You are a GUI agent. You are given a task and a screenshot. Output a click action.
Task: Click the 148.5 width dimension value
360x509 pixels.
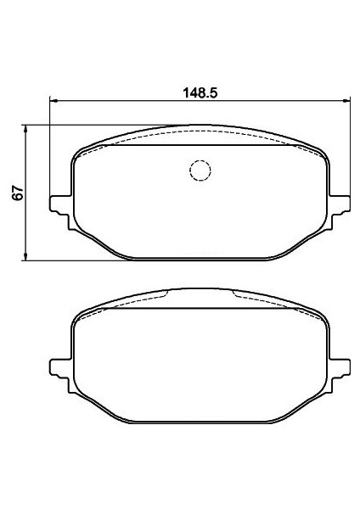(200, 93)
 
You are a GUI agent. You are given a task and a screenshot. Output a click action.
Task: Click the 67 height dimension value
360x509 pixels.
(18, 193)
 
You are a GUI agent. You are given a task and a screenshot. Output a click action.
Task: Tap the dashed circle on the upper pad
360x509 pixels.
(200, 171)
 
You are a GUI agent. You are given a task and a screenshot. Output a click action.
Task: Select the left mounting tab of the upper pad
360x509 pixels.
(60, 211)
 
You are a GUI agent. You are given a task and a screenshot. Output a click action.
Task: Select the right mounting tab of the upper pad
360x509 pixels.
(340, 211)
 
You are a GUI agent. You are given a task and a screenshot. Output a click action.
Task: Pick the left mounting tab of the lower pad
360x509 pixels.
(60, 376)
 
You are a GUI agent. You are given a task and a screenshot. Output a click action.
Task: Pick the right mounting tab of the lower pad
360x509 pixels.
(340, 376)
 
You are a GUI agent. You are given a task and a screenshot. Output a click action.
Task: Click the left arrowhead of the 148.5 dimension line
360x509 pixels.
(53, 101)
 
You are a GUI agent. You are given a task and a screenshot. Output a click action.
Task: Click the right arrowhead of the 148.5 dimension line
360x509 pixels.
(346, 101)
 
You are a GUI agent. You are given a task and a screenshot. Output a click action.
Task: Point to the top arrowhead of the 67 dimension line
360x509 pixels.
(25, 129)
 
